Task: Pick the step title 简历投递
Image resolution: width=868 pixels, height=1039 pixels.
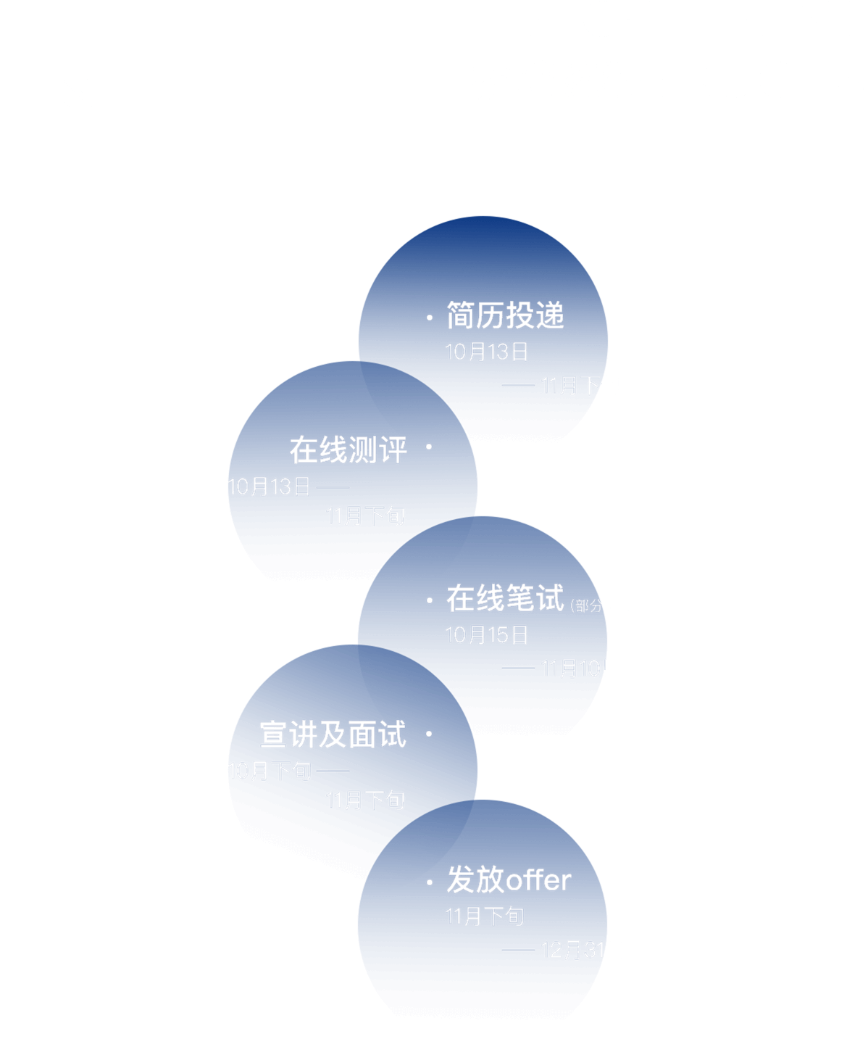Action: (x=505, y=316)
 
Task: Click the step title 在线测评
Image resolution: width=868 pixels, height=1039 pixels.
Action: (x=349, y=450)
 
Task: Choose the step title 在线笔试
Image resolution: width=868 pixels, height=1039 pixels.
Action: (x=505, y=599)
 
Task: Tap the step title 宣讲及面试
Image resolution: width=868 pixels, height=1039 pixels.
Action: (x=333, y=735)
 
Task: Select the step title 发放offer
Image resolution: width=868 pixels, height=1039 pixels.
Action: (x=509, y=880)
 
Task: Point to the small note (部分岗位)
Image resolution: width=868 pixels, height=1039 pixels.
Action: (x=603, y=605)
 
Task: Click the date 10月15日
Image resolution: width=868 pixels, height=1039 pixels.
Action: (x=487, y=635)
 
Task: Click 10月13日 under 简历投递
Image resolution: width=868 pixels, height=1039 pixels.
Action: (x=487, y=352)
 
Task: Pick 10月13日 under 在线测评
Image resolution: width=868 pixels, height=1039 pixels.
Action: (x=270, y=487)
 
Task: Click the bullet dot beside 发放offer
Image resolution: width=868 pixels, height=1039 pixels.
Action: (x=430, y=882)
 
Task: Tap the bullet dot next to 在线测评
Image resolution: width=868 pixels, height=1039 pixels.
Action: (x=429, y=447)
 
